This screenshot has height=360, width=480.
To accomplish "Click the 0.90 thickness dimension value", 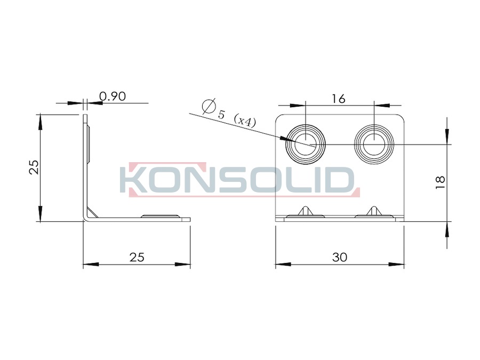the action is (113, 97).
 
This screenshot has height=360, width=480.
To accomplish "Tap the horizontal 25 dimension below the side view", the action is (137, 257).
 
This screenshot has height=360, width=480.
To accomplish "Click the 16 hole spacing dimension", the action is (339, 99).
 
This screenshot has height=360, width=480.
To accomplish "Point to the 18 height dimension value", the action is (440, 182).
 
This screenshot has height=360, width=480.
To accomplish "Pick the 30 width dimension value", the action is (340, 257).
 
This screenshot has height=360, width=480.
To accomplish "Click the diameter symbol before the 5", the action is (209, 106).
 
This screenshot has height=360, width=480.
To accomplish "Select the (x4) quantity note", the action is (244, 121).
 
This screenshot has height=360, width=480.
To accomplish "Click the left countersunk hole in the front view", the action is (306, 144).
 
